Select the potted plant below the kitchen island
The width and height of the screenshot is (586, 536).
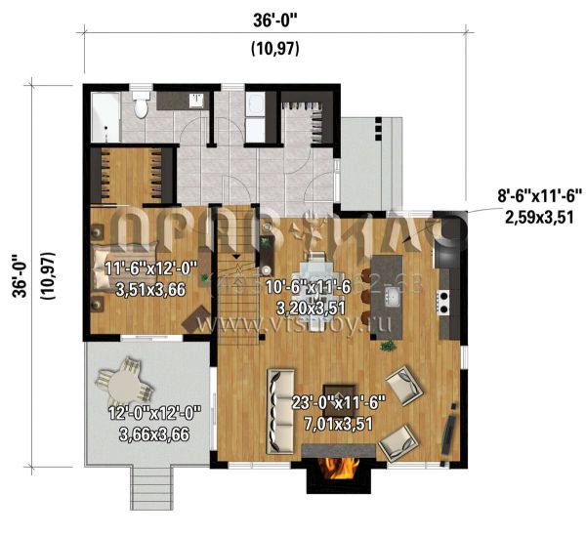click(x=389, y=345)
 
